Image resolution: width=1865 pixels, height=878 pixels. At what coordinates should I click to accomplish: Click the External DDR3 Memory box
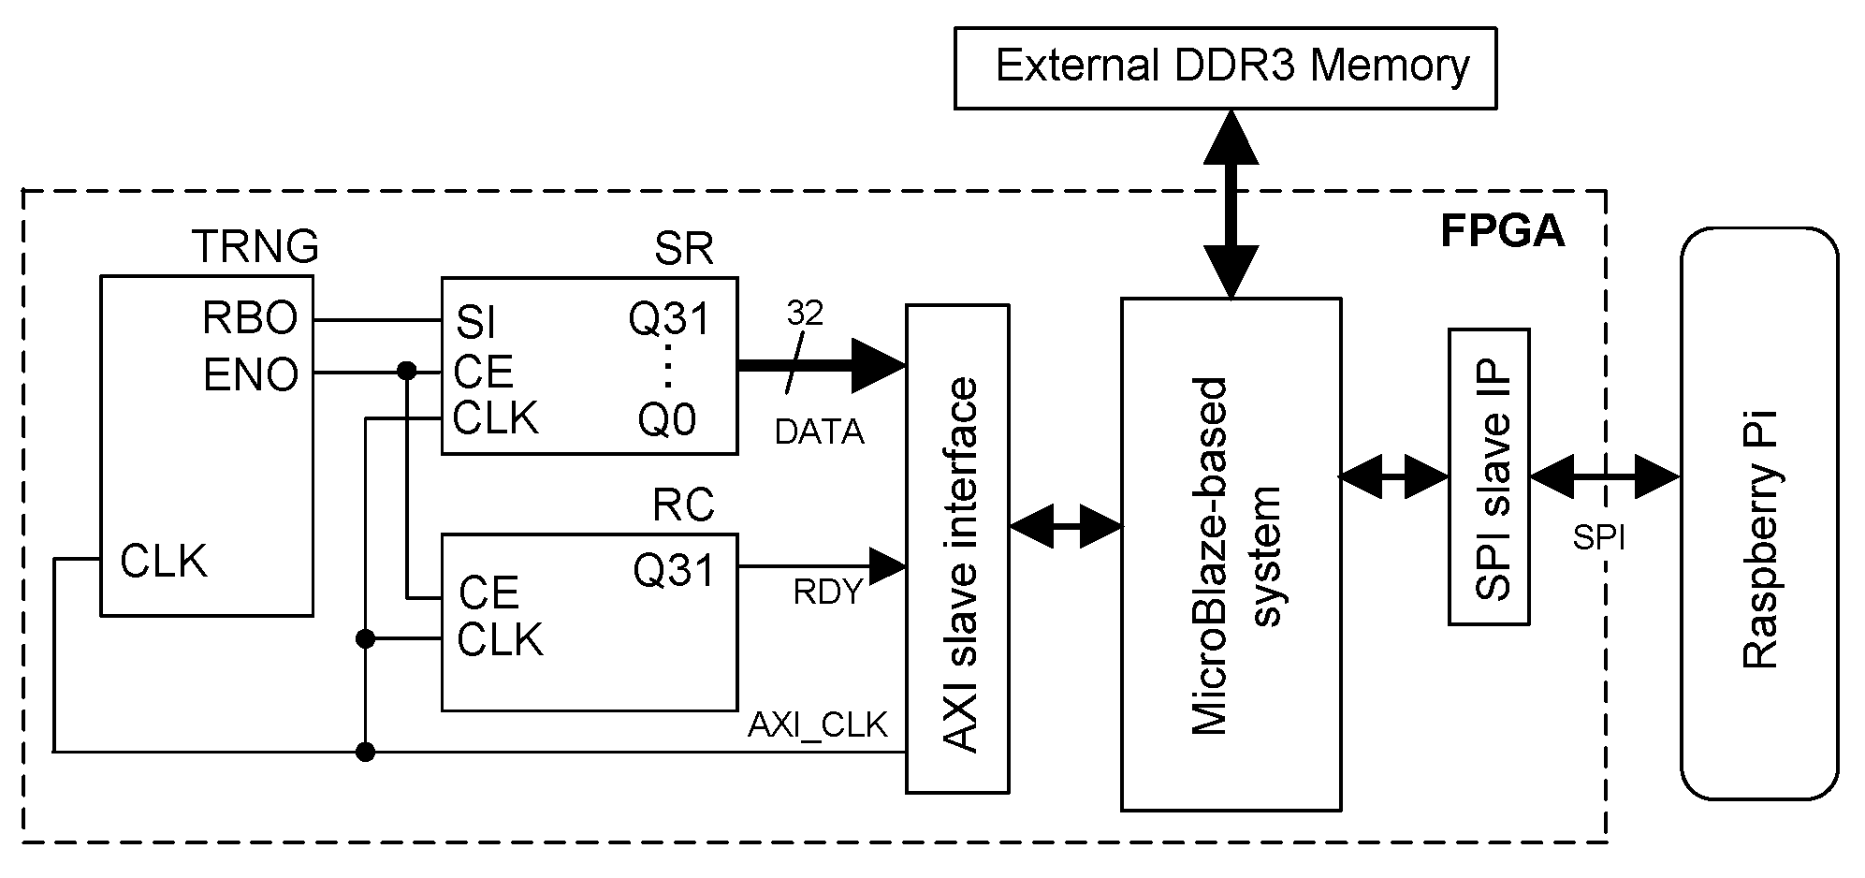coord(1224,67)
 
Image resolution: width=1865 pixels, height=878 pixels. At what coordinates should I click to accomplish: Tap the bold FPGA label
coord(1502,231)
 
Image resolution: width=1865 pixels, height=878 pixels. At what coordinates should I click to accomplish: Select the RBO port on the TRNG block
coord(250,319)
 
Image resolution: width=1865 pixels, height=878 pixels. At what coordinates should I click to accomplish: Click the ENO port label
coord(251,375)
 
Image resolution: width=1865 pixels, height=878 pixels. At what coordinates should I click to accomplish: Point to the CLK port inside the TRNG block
coord(163,562)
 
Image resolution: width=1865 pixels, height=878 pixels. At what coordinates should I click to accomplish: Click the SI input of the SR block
coord(475,324)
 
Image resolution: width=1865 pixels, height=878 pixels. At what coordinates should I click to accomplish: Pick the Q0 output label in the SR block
coord(667,420)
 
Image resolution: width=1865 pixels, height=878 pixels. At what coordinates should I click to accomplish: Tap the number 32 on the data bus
coord(804,314)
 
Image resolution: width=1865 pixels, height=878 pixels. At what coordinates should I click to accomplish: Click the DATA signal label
coord(819,432)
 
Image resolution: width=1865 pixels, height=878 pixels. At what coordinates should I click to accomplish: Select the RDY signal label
coord(827,593)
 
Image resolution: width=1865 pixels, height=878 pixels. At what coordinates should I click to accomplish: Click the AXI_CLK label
coord(817,725)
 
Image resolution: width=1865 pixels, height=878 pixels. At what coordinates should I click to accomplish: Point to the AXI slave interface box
coord(956,549)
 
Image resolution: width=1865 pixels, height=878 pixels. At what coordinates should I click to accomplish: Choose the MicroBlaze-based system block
coord(1231,554)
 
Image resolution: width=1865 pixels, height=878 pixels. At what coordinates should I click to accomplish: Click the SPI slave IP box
coord(1489,476)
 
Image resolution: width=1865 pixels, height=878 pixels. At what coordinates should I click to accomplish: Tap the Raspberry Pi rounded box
coord(1758,513)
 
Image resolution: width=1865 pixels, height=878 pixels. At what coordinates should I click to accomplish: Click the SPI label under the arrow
coord(1598,537)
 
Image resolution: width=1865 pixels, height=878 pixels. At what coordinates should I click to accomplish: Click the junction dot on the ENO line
coord(406,372)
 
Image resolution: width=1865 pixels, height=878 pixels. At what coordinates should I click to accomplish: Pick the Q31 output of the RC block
coord(673,569)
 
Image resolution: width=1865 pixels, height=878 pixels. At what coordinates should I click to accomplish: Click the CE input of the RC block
coord(488,593)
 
